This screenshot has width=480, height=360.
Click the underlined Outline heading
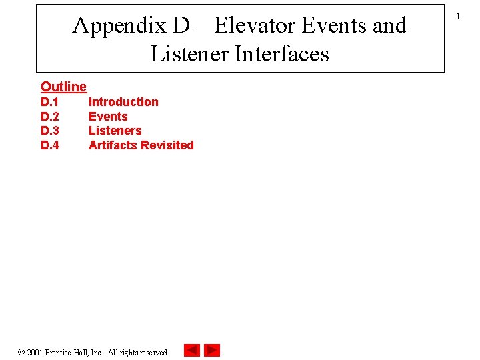[63, 87]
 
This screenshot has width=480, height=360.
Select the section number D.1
[50, 102]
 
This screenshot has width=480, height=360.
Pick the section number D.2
[50, 117]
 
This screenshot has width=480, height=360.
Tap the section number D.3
[50, 131]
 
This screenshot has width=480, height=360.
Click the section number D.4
[50, 145]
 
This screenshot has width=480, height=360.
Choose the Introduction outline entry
[123, 102]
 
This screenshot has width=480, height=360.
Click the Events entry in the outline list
[108, 117]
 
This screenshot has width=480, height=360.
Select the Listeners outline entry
[115, 131]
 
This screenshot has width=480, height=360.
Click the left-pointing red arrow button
[191, 350]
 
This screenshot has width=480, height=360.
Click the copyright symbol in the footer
[21, 351]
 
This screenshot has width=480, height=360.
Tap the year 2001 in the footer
[35, 352]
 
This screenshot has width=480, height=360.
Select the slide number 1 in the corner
[458, 16]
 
